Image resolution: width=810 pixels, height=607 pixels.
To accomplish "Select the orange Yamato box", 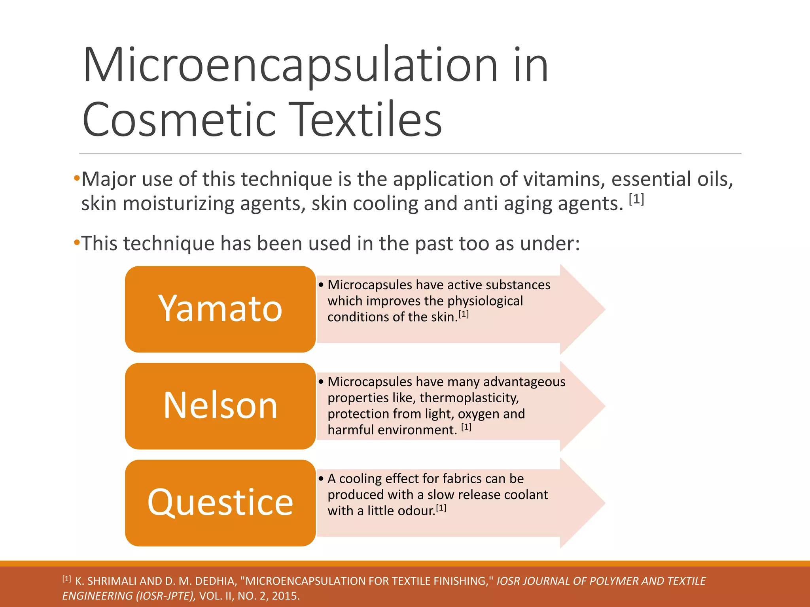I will tap(220, 309).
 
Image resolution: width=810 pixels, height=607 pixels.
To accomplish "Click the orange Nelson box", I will tap(220, 406).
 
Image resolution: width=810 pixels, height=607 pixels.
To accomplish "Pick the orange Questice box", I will tap(220, 503).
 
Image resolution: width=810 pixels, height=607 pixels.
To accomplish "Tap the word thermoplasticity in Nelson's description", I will tap(469, 398).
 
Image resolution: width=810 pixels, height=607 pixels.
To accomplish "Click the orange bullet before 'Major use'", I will tap(77, 179).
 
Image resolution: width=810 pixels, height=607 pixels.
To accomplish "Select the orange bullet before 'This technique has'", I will tap(77, 242).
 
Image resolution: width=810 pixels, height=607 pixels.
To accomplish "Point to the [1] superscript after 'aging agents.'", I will tap(636, 200).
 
